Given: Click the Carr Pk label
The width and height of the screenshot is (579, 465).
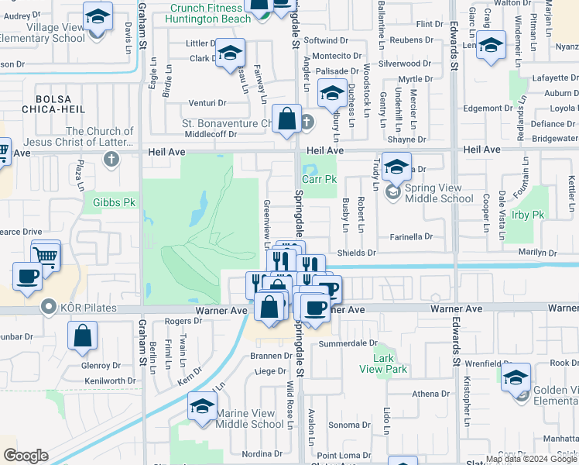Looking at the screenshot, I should click(319, 179).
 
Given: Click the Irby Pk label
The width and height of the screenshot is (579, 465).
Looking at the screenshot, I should click(528, 214).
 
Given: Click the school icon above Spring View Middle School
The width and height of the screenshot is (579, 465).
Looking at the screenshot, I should click(396, 167).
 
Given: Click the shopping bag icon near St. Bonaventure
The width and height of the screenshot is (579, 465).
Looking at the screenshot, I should click(286, 119).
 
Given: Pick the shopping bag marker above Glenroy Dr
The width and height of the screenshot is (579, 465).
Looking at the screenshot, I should click(82, 336).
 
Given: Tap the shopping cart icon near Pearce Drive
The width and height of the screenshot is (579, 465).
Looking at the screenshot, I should click(46, 254).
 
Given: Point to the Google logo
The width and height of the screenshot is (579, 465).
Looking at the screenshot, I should click(26, 456).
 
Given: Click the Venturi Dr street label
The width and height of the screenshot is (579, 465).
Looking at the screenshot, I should click(207, 103).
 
